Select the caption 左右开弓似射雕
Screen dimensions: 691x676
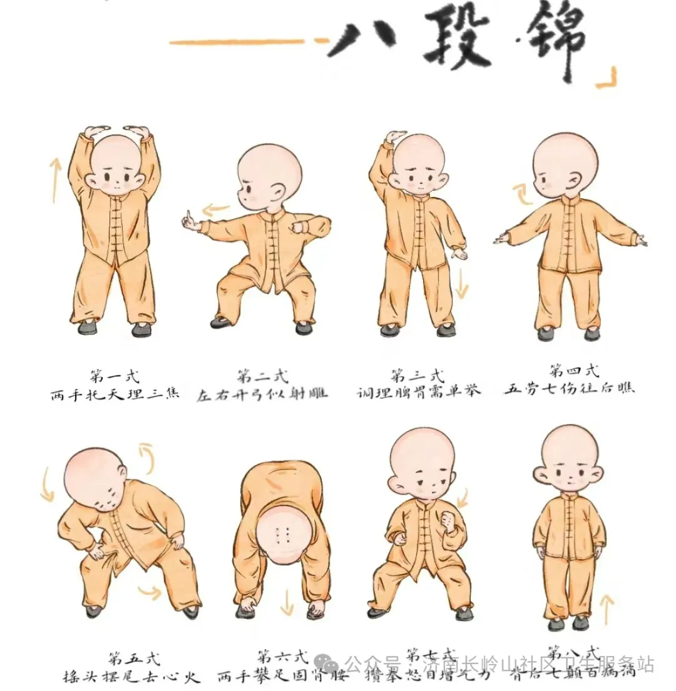pyautogui.click(x=262, y=394)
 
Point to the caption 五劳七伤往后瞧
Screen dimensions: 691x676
pyautogui.click(x=569, y=388)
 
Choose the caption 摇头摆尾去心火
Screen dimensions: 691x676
pyautogui.click(x=131, y=677)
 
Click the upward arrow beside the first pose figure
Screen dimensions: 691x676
pyautogui.click(x=55, y=178)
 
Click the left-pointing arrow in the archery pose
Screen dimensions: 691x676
pyautogui.click(x=216, y=209)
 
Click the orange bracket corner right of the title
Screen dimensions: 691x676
pyautogui.click(x=606, y=79)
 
